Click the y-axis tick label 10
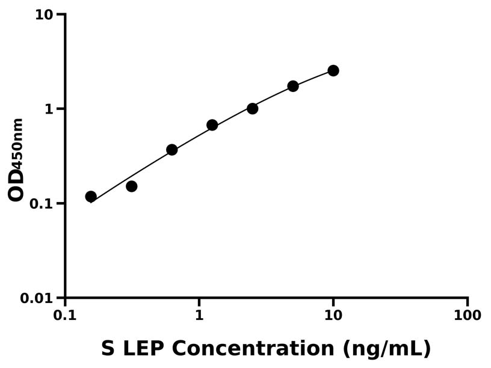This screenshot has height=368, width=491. coord(43,14)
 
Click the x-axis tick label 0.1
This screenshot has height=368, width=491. coord(64,316)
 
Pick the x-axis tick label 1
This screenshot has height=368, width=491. coord(199,316)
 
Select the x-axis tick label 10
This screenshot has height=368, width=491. coord(333,316)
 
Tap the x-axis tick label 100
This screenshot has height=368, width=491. coord(468,316)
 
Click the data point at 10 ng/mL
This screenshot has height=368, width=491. coord(333,71)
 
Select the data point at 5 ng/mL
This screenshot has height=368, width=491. coord(293,86)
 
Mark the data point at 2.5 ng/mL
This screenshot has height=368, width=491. coord(253,109)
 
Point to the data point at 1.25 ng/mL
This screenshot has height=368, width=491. coord(212,125)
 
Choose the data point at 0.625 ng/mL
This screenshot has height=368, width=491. coord(172,150)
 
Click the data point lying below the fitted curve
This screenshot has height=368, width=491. coord(132,186)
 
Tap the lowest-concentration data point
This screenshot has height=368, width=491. coord(91,197)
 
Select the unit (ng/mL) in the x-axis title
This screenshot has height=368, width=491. coord(387,349)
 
